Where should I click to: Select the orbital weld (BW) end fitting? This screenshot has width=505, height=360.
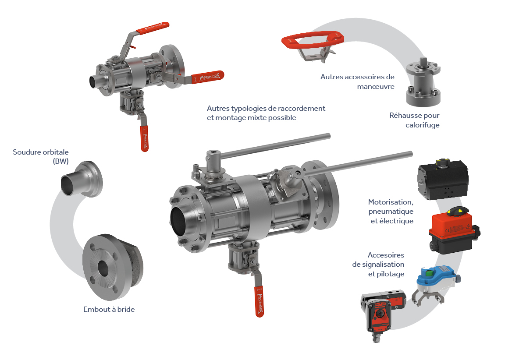click(82, 179)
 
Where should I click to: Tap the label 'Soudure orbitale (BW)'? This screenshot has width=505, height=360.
click(41, 157)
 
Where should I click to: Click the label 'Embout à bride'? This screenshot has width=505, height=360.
click(109, 310)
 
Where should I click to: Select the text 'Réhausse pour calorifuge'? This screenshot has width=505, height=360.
click(414, 120)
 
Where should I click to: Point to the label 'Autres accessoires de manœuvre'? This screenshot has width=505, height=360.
click(357, 82)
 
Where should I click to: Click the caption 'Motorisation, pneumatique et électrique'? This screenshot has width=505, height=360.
click(391, 212)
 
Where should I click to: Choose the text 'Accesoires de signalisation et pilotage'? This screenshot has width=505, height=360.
click(378, 265)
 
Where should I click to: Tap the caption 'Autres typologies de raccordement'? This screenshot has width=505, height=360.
click(266, 109)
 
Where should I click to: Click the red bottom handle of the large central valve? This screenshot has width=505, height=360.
click(259, 301)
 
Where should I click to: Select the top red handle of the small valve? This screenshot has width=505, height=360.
click(153, 28)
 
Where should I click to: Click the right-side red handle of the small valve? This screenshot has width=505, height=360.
click(208, 77)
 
